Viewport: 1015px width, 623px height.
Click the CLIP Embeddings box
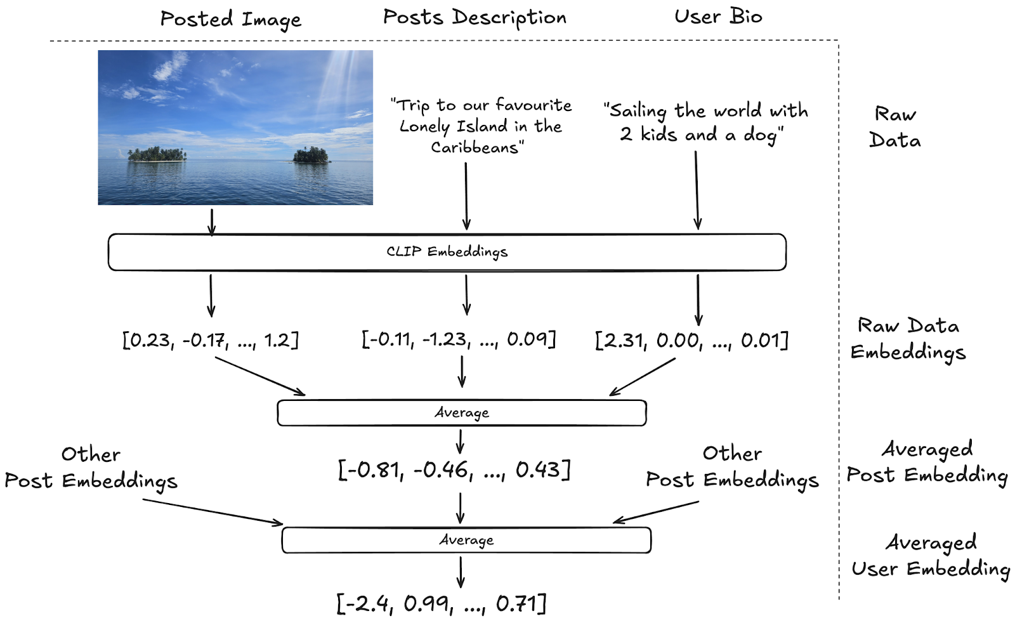tap(447, 252)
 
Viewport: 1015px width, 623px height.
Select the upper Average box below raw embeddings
tap(462, 413)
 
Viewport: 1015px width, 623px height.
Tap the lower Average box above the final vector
tap(466, 541)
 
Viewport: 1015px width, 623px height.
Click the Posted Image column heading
tap(231, 20)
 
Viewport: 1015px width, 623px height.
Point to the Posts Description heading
tap(475, 18)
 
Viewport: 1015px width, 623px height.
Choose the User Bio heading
tap(718, 16)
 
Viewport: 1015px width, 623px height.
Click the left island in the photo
tap(157, 155)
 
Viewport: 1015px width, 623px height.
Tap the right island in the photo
tap(311, 155)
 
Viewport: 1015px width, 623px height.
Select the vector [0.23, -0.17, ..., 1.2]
tap(211, 341)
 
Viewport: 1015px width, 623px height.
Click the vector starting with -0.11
tap(459, 339)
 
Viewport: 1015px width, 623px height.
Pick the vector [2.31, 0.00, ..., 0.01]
tap(691, 341)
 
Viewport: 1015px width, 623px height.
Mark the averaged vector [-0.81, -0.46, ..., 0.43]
tap(454, 470)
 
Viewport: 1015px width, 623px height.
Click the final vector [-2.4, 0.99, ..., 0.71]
tap(442, 603)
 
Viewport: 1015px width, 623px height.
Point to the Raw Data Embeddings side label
tap(908, 339)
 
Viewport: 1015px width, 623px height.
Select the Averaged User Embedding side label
tap(931, 556)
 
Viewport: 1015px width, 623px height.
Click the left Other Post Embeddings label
tap(91, 468)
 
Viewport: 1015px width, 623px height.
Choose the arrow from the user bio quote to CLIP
tap(697, 190)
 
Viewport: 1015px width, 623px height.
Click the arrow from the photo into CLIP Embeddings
tap(212, 221)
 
